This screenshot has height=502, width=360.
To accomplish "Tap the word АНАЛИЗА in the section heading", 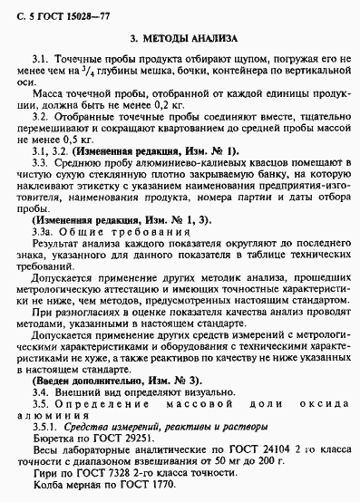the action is tap(214, 38).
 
